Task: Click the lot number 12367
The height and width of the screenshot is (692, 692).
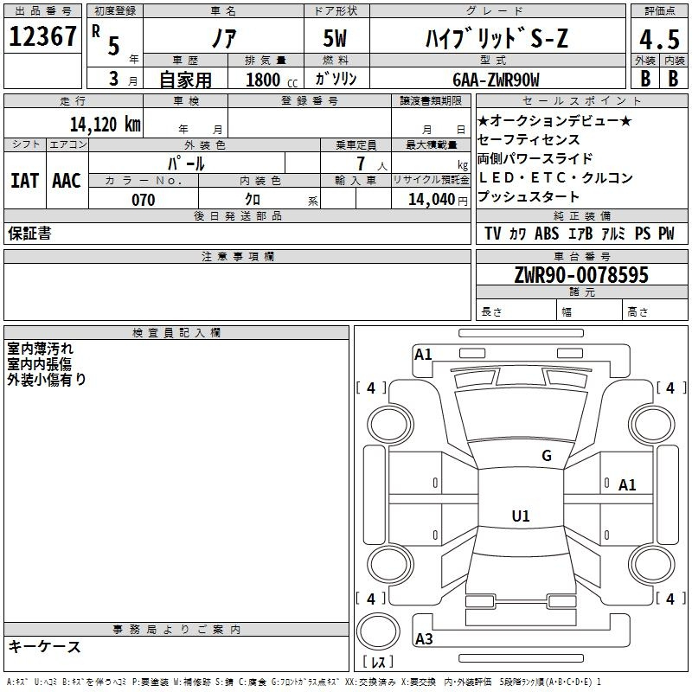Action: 42,36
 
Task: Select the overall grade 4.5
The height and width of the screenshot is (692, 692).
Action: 659,39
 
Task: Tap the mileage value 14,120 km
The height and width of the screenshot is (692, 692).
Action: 105,124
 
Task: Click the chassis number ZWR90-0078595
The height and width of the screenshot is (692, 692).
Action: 581,275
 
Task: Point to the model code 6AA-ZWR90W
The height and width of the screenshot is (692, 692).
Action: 496,80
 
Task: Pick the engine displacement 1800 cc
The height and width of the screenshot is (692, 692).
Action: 272,80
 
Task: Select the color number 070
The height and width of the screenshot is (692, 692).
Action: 144,200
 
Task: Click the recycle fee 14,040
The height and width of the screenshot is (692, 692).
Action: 438,200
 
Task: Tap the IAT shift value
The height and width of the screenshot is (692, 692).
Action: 25,181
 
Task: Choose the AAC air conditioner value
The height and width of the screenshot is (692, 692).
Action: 67,181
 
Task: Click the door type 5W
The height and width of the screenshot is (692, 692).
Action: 335,38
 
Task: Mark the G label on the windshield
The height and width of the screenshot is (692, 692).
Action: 547,456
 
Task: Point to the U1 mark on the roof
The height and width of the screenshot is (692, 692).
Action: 521,516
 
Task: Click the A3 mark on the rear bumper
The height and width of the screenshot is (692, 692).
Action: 424,638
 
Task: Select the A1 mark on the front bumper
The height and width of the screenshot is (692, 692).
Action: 423,355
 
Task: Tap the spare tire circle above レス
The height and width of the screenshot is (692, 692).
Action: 378,631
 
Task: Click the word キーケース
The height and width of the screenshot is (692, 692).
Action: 45,646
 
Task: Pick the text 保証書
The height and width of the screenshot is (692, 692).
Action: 29,233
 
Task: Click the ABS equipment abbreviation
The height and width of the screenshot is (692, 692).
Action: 547,233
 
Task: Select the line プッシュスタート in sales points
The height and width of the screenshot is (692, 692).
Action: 528,196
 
